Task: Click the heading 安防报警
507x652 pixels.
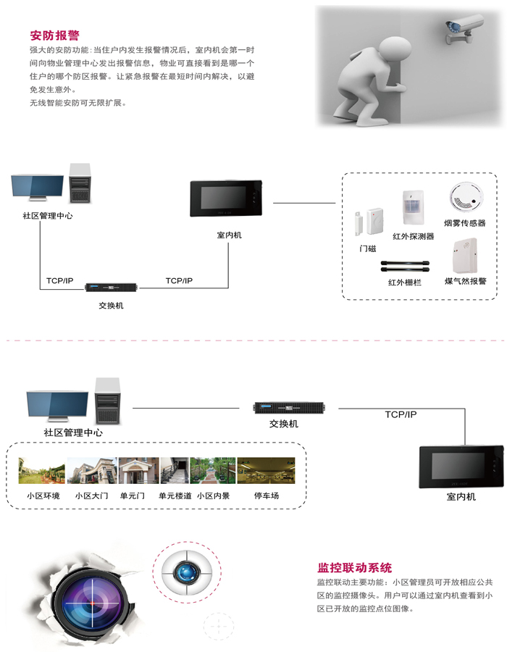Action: click(x=54, y=35)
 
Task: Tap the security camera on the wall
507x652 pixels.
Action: click(x=464, y=28)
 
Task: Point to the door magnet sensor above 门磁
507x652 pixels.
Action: click(x=369, y=221)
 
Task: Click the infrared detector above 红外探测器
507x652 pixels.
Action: click(x=413, y=207)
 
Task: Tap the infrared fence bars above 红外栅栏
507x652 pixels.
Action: click(x=404, y=266)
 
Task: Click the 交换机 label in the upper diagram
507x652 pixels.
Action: click(x=111, y=306)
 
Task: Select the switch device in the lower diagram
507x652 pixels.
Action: click(x=289, y=407)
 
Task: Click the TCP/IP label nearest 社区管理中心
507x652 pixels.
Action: click(x=60, y=280)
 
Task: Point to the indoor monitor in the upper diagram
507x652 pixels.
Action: click(x=226, y=198)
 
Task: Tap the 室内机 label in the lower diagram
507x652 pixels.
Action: click(x=461, y=496)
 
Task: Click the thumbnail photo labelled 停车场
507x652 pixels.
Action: click(x=266, y=470)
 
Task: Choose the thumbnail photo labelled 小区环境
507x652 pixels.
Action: click(x=41, y=470)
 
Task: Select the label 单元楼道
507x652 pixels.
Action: click(x=175, y=496)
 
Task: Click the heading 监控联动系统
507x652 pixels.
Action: click(x=354, y=567)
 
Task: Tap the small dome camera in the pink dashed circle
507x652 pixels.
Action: click(x=187, y=572)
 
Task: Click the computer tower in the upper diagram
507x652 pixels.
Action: click(x=80, y=183)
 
